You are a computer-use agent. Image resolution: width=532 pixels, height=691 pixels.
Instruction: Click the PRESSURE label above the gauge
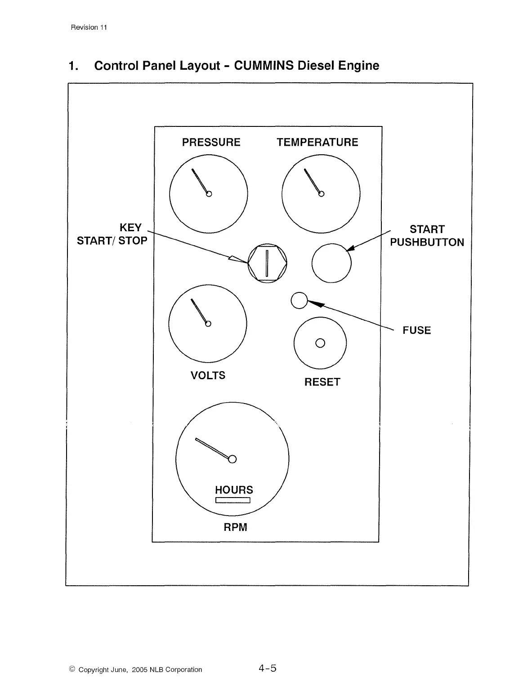click(211, 142)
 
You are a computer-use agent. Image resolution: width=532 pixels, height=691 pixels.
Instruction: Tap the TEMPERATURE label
click(317, 142)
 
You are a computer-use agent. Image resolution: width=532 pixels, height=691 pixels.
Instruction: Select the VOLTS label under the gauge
click(208, 375)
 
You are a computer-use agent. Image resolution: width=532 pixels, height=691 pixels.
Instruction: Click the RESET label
click(322, 382)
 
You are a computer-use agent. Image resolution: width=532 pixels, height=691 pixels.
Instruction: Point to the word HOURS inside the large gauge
click(234, 490)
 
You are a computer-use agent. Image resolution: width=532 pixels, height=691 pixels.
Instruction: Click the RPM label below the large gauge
click(235, 527)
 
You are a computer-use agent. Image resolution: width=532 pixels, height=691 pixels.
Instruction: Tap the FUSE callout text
click(416, 330)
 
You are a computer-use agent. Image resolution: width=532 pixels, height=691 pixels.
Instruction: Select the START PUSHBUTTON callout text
click(427, 236)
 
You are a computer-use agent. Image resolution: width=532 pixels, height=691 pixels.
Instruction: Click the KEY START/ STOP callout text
click(112, 234)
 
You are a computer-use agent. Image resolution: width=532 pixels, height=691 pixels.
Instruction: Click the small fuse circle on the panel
click(299, 301)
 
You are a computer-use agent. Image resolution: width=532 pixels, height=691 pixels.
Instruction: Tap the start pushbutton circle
click(331, 263)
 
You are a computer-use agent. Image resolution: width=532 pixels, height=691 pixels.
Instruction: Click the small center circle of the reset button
click(320, 343)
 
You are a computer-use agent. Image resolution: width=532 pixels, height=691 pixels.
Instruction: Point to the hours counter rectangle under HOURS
click(233, 500)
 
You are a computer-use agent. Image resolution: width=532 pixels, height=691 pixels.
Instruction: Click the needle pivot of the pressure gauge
click(209, 194)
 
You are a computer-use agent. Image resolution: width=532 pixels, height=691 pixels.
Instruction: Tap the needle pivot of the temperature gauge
click(321, 193)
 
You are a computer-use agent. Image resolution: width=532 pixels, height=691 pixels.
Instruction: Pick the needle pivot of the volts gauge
click(208, 323)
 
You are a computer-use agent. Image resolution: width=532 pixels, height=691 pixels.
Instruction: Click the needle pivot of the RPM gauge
click(232, 459)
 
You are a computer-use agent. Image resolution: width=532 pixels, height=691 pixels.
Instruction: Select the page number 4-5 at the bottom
click(267, 669)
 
